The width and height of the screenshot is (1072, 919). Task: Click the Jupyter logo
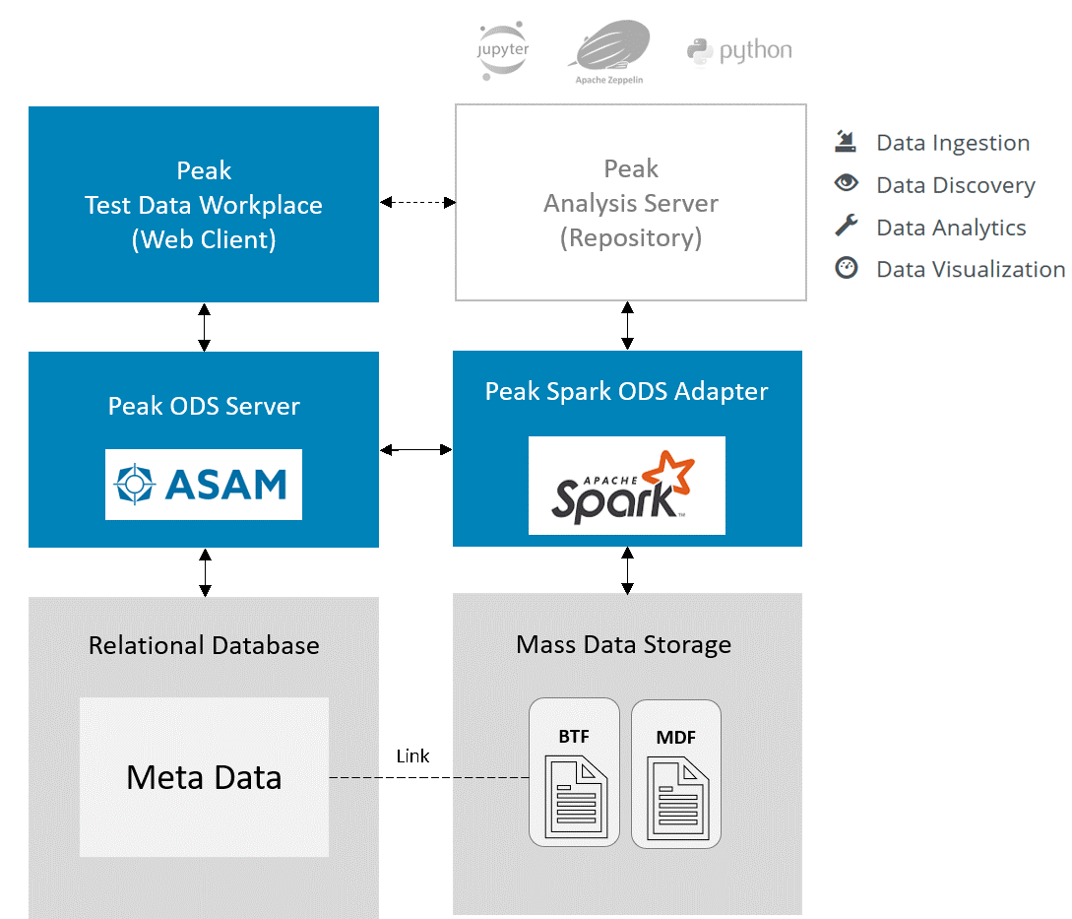pos(503,52)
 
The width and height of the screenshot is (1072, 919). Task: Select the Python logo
pos(739,50)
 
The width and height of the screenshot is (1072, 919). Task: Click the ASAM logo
pos(204,485)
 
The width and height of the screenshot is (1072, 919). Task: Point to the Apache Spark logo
pos(626,486)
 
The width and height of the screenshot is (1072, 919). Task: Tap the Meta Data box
pos(204,777)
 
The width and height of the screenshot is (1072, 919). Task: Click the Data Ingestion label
pos(953,143)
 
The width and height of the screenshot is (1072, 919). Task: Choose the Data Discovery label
pos(956,185)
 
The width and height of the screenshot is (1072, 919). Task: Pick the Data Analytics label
pos(951,228)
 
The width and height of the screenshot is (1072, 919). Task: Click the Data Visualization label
pos(971,270)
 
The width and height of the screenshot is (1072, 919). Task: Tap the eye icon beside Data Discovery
pos(846,183)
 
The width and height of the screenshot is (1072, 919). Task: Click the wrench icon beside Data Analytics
pos(846,226)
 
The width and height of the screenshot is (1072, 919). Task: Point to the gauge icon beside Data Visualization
pos(846,268)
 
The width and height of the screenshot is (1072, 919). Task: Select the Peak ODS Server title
pos(204,406)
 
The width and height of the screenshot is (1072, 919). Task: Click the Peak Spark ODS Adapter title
pos(627,391)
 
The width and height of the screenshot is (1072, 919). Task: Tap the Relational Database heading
pos(204,645)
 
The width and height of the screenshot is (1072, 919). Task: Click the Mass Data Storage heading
pos(624,645)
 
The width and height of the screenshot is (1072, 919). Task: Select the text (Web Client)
pos(204,239)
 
